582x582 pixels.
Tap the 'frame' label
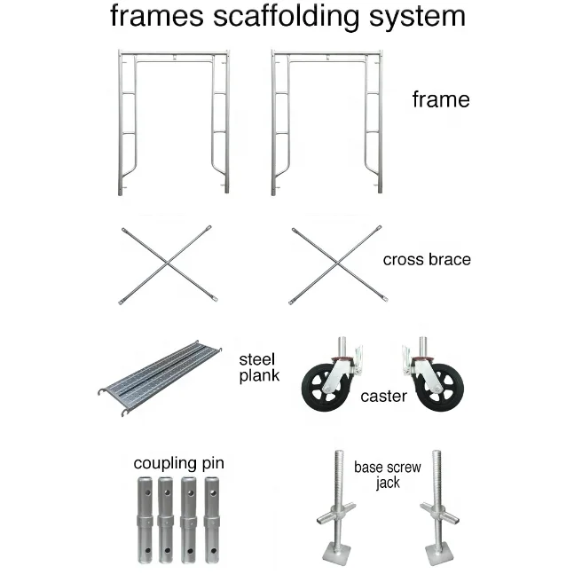[441, 99]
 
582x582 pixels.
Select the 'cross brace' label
[427, 260]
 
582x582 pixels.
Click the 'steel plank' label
[258, 367]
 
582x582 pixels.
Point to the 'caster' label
[383, 396]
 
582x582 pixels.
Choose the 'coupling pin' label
[178, 463]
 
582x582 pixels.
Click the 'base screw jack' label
[387, 474]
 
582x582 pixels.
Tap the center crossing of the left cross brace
[167, 264]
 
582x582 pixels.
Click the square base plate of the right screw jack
[441, 556]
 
